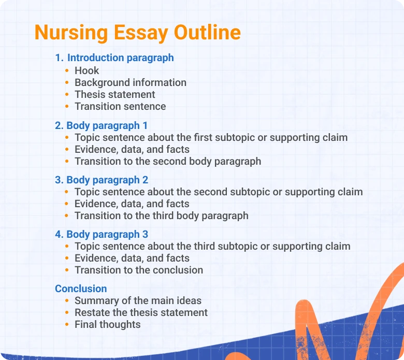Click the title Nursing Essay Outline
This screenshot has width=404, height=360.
point(137,33)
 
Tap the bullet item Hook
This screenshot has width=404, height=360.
point(86,70)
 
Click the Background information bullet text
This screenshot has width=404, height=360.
point(131,82)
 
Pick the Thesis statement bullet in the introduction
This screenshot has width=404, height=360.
point(115,94)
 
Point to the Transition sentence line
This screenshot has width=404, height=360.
point(120,106)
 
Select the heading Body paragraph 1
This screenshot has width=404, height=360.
point(102,125)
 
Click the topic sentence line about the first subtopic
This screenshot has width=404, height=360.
point(211,137)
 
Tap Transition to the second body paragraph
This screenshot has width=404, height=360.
point(168,161)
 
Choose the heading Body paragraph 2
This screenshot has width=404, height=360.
point(102,180)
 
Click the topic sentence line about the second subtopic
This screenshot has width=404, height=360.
point(219,192)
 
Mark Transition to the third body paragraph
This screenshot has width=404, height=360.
point(162,215)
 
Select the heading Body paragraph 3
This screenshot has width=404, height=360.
point(102,234)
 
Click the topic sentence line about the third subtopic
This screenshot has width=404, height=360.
point(212,246)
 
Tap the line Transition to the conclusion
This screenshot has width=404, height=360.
point(139,270)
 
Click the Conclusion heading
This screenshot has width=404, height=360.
point(81,289)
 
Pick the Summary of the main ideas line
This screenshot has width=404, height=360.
point(138,300)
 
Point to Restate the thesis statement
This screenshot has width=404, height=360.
point(141,312)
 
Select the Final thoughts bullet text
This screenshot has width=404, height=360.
point(108,324)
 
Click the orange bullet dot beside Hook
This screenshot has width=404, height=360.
point(67,70)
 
